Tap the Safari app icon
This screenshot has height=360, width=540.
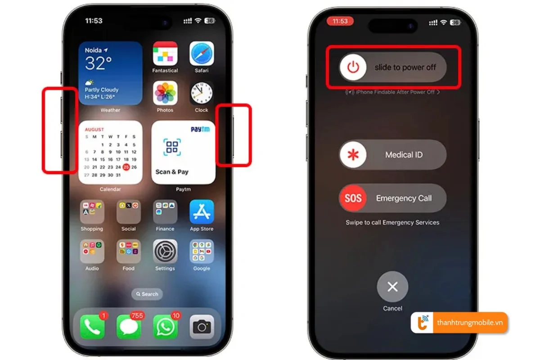[x=201, y=54]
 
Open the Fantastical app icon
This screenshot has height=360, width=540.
[x=165, y=54]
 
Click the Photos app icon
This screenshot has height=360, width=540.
[x=165, y=93]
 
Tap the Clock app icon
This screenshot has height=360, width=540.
[x=201, y=93]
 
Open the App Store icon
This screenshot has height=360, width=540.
[x=201, y=212]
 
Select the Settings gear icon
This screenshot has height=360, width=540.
[x=165, y=251]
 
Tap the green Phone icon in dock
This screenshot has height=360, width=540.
[x=92, y=327]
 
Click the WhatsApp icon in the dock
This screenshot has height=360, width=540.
[x=165, y=327]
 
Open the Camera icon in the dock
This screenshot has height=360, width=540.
[x=201, y=327]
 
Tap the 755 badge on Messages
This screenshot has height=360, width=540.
[x=137, y=315]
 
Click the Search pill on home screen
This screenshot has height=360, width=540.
[x=147, y=294]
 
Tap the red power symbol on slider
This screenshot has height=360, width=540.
[x=354, y=67]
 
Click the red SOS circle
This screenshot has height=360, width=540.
[x=353, y=198]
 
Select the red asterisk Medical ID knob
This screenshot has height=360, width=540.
[x=353, y=155]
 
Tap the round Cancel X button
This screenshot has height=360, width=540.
[x=392, y=287]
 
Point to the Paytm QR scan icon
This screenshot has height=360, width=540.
[x=172, y=147]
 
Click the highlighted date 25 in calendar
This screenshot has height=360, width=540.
[x=126, y=167]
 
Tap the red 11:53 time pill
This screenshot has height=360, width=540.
[x=340, y=21]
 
